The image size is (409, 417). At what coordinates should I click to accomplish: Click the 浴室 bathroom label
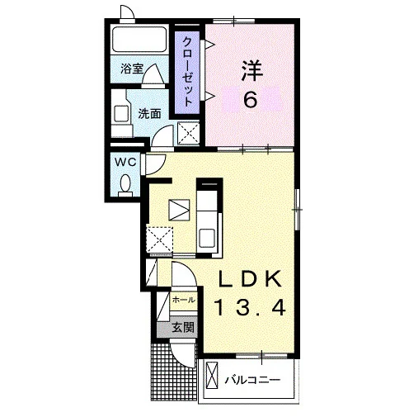(x=132, y=69)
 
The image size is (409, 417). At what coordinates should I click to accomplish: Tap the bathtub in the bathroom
(x=139, y=39)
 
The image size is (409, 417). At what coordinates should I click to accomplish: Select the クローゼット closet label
(x=187, y=72)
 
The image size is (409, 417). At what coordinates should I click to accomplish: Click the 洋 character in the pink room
(x=252, y=71)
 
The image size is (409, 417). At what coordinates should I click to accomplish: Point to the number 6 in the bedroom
(x=251, y=99)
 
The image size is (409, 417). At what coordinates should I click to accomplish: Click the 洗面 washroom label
(x=149, y=113)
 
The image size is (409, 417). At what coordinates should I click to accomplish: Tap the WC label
(x=125, y=162)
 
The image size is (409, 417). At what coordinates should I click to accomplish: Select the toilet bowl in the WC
(x=125, y=184)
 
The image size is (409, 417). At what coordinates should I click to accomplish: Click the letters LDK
(x=250, y=279)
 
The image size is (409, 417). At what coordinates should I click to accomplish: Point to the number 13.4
(x=251, y=307)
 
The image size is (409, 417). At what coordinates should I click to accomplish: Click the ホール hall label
(x=183, y=300)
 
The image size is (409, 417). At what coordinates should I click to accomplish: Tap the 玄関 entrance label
(x=183, y=327)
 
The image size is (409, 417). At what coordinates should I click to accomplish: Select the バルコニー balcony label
(x=252, y=381)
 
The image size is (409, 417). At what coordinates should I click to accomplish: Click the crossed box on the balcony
(x=212, y=376)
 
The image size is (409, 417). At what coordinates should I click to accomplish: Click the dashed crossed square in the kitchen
(x=160, y=239)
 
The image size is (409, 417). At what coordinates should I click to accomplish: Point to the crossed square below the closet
(x=188, y=133)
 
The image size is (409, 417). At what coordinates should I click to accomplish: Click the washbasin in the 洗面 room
(x=121, y=114)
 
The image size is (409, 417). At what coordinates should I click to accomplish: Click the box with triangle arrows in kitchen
(x=179, y=210)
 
